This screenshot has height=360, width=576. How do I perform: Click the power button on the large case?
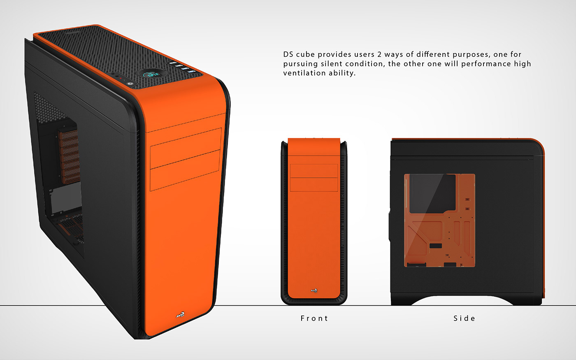point(130,84)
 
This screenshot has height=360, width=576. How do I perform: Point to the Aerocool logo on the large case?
point(180,315)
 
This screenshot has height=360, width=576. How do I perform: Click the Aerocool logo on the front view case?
point(314,290)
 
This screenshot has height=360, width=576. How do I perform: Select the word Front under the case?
point(314,318)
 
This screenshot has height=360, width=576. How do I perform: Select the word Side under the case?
point(464,318)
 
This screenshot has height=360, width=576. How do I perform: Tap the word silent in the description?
point(332,64)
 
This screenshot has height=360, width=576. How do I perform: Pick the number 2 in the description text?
point(380,54)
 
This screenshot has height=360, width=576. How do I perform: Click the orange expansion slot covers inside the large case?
point(69,156)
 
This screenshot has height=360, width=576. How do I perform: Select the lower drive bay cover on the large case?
point(186,170)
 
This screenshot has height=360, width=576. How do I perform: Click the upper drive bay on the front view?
point(314,171)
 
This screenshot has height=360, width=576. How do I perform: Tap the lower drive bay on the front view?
point(314,184)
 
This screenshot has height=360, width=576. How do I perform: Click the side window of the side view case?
point(439,220)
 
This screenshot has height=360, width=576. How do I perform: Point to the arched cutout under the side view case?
point(462,300)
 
